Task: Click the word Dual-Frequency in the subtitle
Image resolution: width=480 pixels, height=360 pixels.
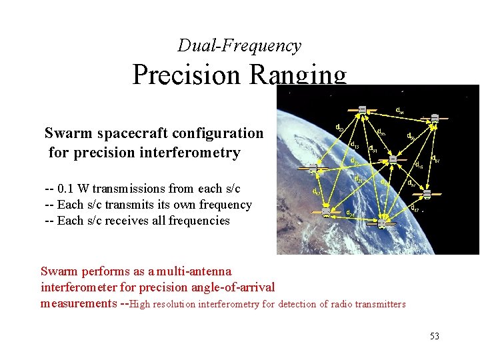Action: coord(239,46)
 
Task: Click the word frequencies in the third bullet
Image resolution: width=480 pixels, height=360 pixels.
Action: coord(199,221)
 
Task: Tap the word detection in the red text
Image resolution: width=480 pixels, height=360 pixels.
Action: coord(295,304)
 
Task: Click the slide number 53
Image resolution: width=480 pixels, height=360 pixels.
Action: coord(434,336)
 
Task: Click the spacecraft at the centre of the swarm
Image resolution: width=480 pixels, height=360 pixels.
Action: coord(393,159)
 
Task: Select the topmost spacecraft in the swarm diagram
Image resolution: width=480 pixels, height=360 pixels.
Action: coord(362,109)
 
